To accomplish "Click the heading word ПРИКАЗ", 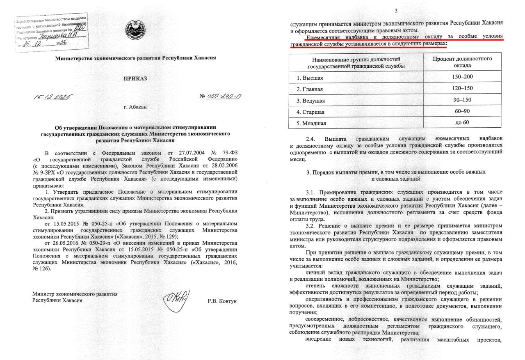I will point(135,78).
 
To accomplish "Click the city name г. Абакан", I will point(135,107).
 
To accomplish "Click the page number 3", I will point(396,11).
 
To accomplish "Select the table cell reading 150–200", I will point(462,77).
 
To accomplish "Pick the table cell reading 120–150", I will point(462,89).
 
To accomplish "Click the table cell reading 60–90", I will point(462,112).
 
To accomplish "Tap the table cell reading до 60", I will point(462,123).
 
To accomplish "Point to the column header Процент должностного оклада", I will point(462,62).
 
